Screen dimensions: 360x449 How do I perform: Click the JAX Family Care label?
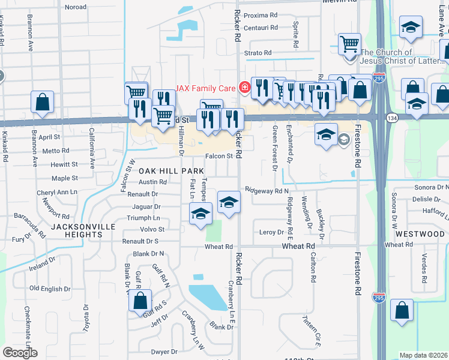(205, 88)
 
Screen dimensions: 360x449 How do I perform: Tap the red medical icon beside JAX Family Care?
(244, 88)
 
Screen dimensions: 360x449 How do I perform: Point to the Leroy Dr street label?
(271, 232)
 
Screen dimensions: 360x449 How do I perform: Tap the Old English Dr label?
(50, 289)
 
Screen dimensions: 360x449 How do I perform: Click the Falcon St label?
(219, 156)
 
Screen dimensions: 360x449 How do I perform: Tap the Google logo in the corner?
(20, 353)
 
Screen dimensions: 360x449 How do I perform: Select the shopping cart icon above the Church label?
(349, 43)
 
